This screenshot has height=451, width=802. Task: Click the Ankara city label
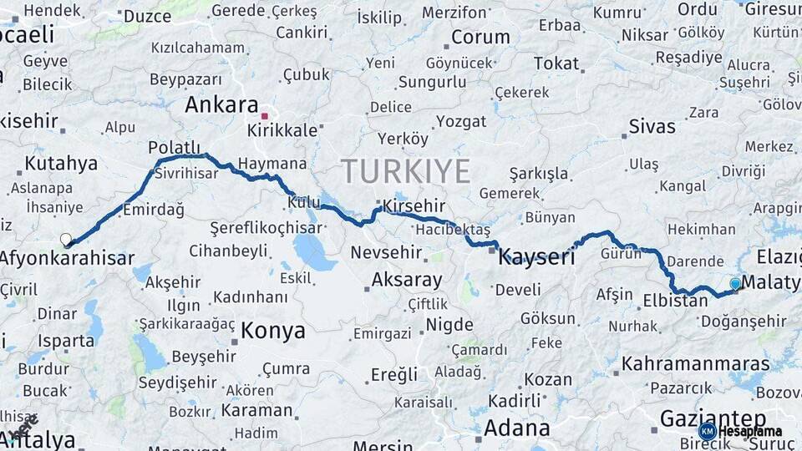click(221, 105)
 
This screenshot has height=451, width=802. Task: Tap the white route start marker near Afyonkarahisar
click(66, 240)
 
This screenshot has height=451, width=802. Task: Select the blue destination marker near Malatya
click(735, 284)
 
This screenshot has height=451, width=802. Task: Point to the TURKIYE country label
click(406, 172)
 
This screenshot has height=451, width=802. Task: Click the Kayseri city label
click(536, 258)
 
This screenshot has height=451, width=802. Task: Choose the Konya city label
click(273, 331)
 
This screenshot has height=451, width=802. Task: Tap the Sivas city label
click(652, 127)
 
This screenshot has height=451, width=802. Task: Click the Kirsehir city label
click(414, 206)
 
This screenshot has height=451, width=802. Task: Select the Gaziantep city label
click(713, 418)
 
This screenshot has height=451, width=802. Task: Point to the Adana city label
click(517, 428)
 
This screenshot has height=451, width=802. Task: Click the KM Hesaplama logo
click(740, 431)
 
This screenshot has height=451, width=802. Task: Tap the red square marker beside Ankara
click(265, 116)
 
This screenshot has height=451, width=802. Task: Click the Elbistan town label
click(676, 301)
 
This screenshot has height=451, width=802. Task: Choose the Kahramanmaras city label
click(696, 363)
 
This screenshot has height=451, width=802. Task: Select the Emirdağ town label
click(154, 210)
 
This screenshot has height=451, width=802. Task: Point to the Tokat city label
click(556, 63)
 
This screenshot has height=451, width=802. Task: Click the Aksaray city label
click(406, 279)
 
